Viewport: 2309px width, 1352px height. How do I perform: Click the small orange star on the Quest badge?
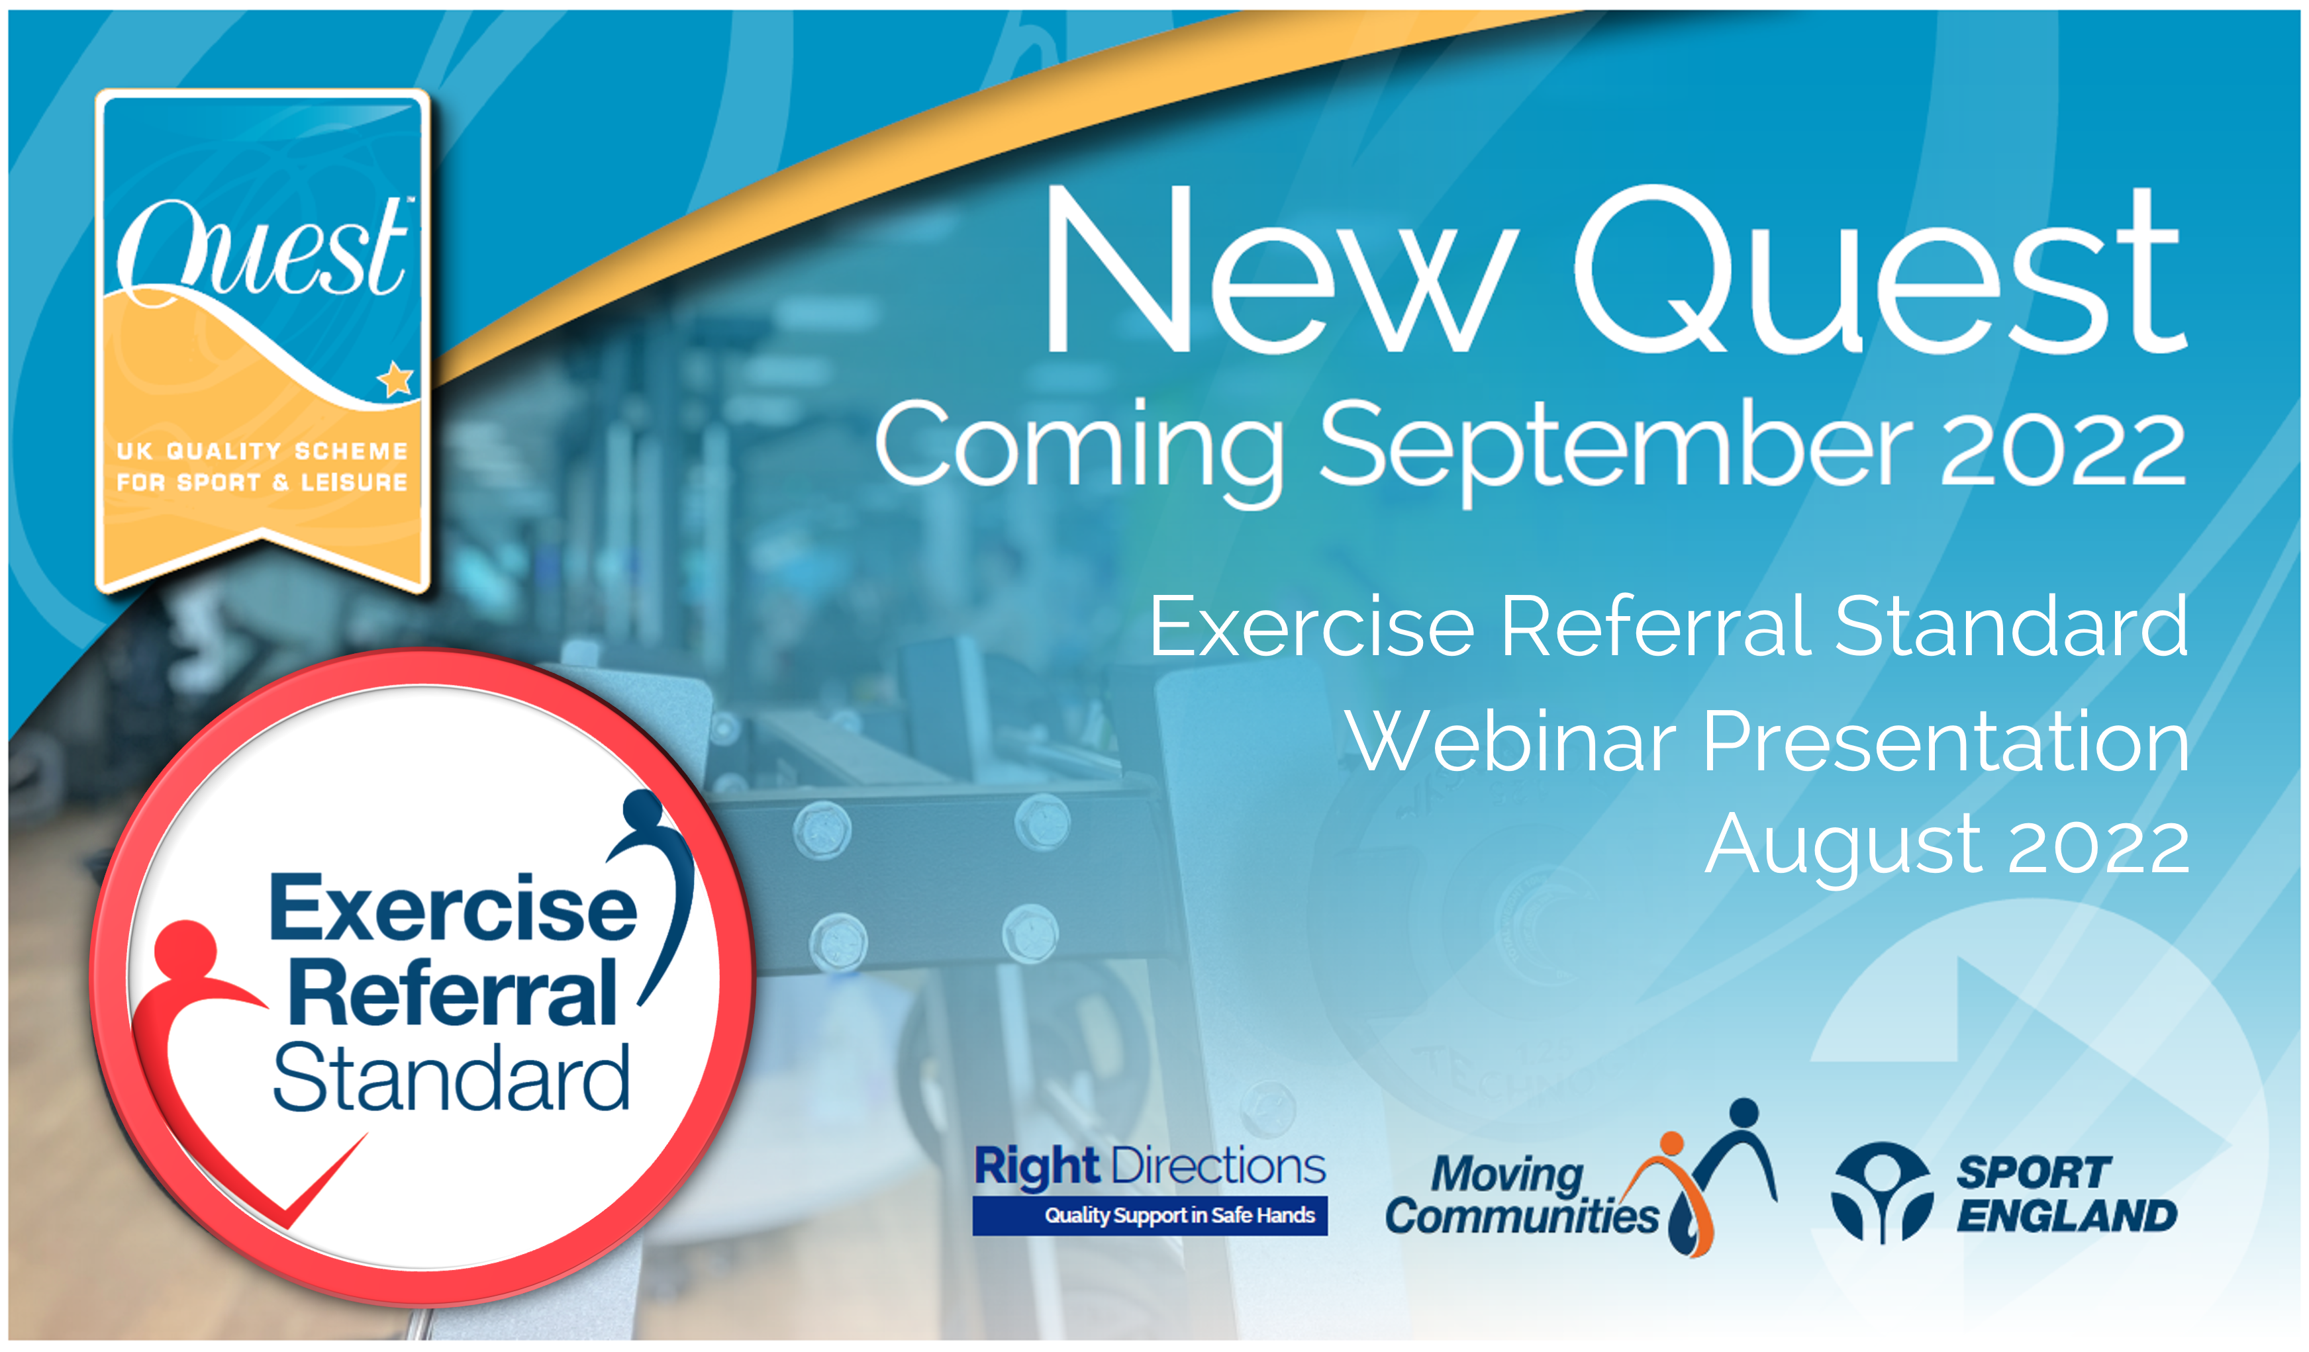tap(396, 379)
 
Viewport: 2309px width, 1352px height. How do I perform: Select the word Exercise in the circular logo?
tap(453, 908)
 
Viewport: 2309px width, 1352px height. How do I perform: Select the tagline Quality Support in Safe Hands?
tap(1180, 1216)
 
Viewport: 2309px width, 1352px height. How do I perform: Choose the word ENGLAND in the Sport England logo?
tap(2067, 1216)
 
